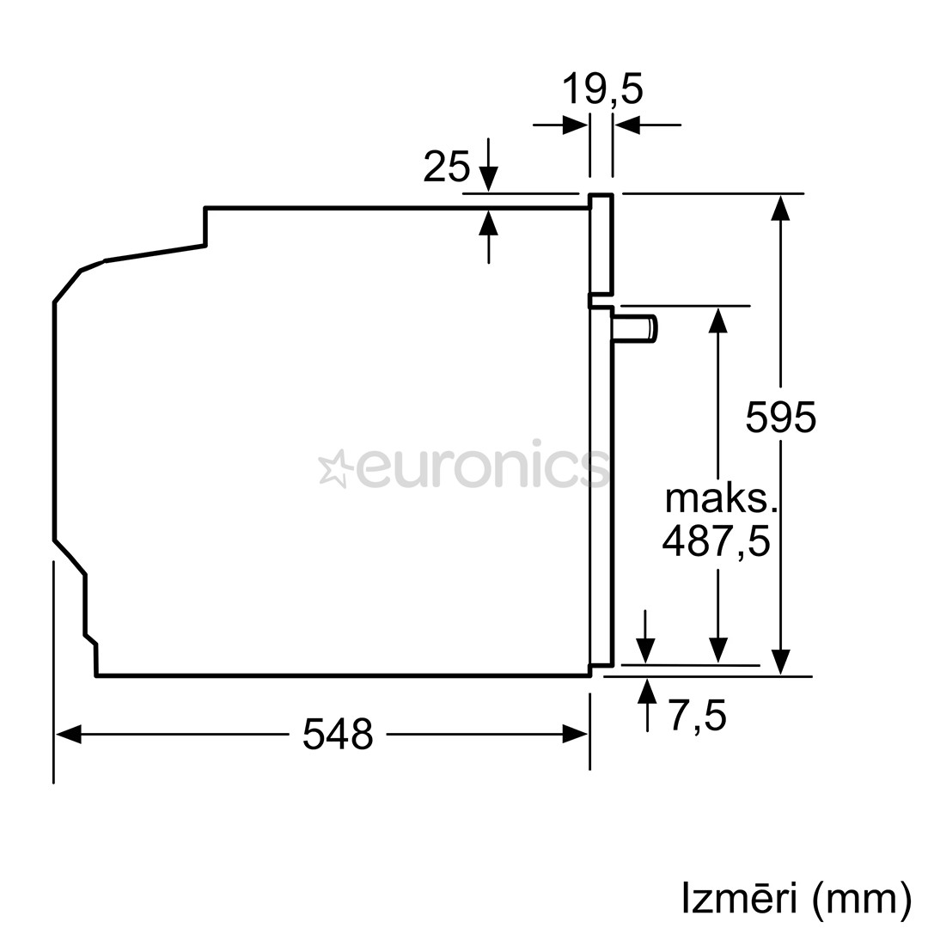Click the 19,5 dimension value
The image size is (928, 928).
601,89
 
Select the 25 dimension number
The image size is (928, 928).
447,167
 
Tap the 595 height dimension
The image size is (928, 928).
780,418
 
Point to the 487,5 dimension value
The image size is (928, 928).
716,540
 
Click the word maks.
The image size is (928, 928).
720,499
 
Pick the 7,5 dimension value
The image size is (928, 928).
698,715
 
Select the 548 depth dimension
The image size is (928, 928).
338,734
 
